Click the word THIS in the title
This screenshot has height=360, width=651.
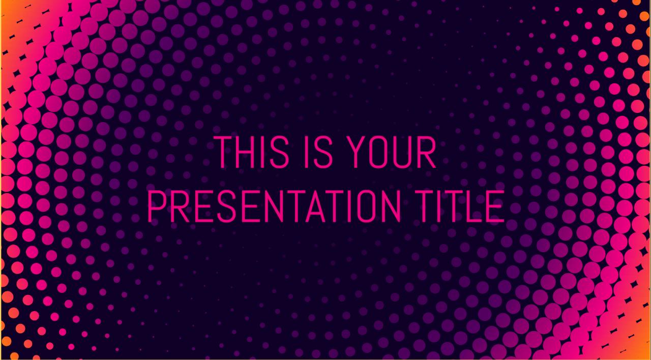pyautogui.click(x=251, y=152)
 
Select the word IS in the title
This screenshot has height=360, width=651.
pyautogui.click(x=318, y=152)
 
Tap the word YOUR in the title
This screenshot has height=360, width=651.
pyautogui.click(x=392, y=152)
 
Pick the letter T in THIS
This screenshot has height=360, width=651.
pyautogui.click(x=223, y=152)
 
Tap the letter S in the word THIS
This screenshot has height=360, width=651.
pyautogui.click(x=280, y=152)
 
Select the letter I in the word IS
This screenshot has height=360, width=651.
pyautogui.click(x=306, y=152)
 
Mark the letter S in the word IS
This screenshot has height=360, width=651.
pyautogui.click(x=322, y=152)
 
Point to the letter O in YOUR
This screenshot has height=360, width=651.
pyautogui.click(x=379, y=152)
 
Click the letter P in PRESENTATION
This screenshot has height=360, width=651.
pyautogui.click(x=157, y=206)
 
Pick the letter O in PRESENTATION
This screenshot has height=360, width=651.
pyautogui.click(x=366, y=206)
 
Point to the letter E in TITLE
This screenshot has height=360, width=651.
pyautogui.click(x=496, y=206)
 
